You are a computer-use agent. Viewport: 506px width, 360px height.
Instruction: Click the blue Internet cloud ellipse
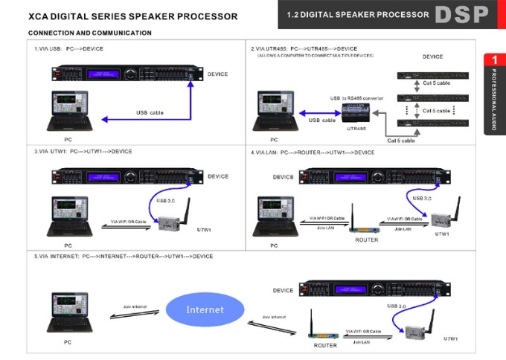205,309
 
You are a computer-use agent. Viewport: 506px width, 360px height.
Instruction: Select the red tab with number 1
494,60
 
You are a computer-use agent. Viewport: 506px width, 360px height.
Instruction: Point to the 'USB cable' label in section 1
150,112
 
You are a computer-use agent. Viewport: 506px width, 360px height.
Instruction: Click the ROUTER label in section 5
325,345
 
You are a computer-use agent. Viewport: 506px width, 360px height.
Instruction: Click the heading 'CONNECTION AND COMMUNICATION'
89,33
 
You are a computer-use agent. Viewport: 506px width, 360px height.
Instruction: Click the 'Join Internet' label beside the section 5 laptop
138,306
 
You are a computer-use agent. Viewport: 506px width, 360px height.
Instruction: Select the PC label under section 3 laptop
68,245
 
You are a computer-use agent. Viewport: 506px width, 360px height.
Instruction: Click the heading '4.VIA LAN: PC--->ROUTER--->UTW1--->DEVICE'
313,152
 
